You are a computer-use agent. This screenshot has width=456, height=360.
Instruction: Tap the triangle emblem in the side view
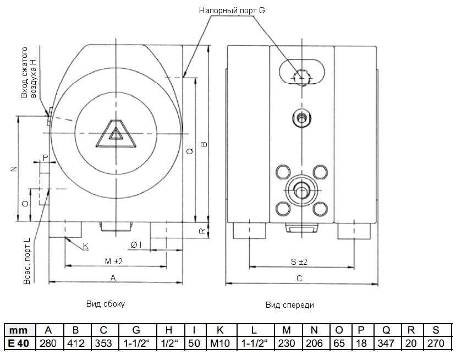tap(116, 134)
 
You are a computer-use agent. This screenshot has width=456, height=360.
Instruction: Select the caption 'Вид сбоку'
tap(106, 303)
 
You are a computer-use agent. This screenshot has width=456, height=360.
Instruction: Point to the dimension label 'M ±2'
tap(113, 260)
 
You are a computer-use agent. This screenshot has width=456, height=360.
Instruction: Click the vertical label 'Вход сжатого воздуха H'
tap(28, 79)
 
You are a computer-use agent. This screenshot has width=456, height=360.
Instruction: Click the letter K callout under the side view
tap(85, 246)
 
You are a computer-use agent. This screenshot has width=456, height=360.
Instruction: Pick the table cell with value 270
tap(436, 343)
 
